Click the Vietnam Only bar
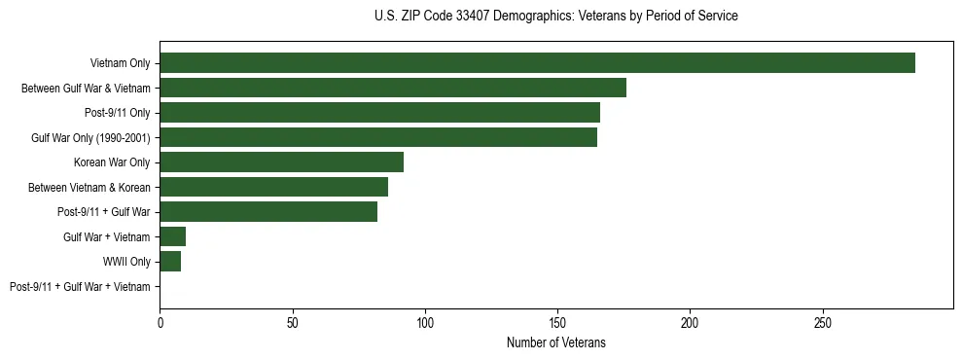tap(537, 63)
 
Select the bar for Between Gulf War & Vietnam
tap(393, 88)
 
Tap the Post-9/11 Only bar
tap(379, 113)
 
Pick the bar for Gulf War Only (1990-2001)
tap(378, 137)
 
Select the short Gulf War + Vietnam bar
tap(172, 236)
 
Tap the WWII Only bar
tap(170, 262)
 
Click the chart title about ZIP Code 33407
tap(555, 17)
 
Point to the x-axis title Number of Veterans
tap(555, 343)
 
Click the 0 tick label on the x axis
tap(160, 321)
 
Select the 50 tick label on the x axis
tap(292, 321)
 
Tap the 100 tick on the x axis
tap(424, 321)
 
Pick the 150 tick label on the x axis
tap(556, 321)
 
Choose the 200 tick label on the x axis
tap(690, 321)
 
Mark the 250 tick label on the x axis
tap(822, 321)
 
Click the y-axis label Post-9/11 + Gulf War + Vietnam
tap(80, 287)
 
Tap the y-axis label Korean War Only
tap(112, 162)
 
